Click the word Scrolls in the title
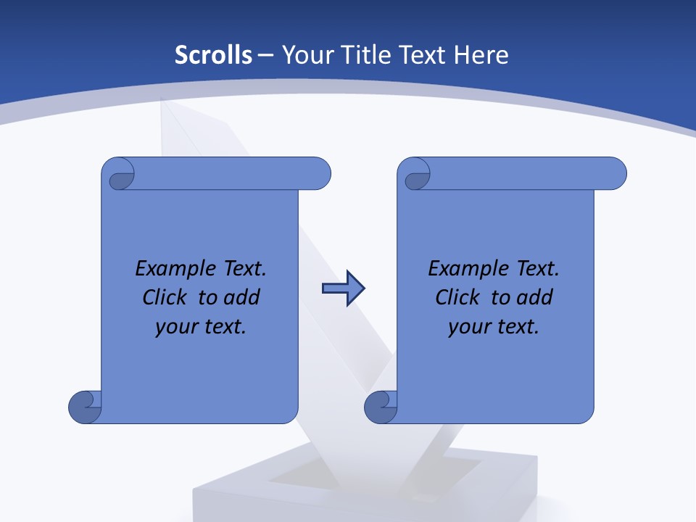coord(214,55)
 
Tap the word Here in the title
coord(481,55)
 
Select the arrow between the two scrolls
coord(343,289)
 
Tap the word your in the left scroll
coord(175,327)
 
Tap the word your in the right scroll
coord(468,327)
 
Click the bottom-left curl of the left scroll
coord(85,406)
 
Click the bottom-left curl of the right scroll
coord(381,406)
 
